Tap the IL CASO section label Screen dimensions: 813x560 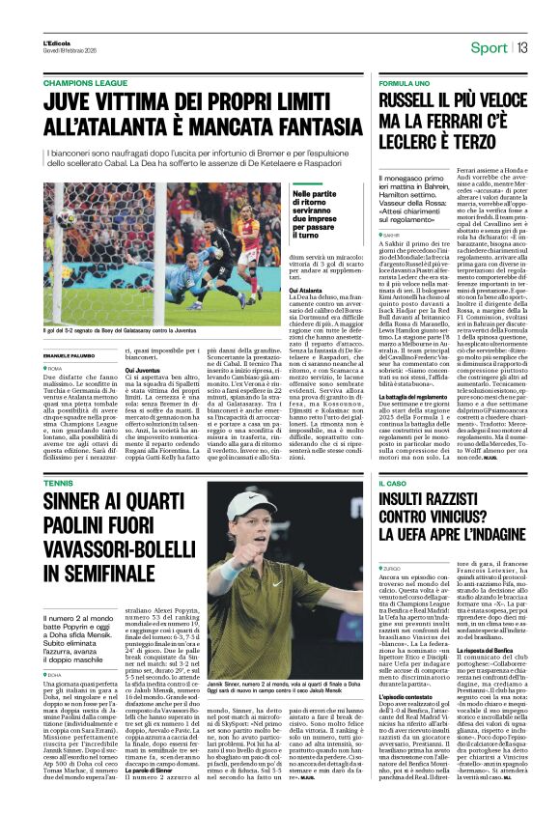point(394,508)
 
